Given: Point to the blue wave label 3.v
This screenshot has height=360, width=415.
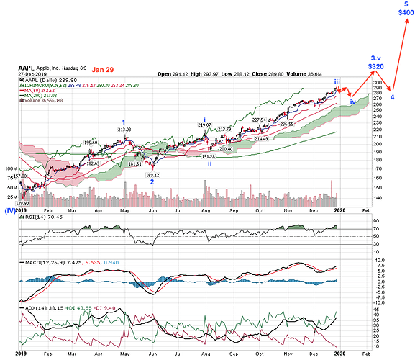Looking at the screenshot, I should pyautogui.click(x=375, y=57).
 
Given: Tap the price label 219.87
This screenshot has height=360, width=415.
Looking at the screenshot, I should pyautogui.click(x=205, y=125).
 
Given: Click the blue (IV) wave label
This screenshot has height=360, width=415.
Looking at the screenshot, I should pyautogui.click(x=10, y=211).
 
